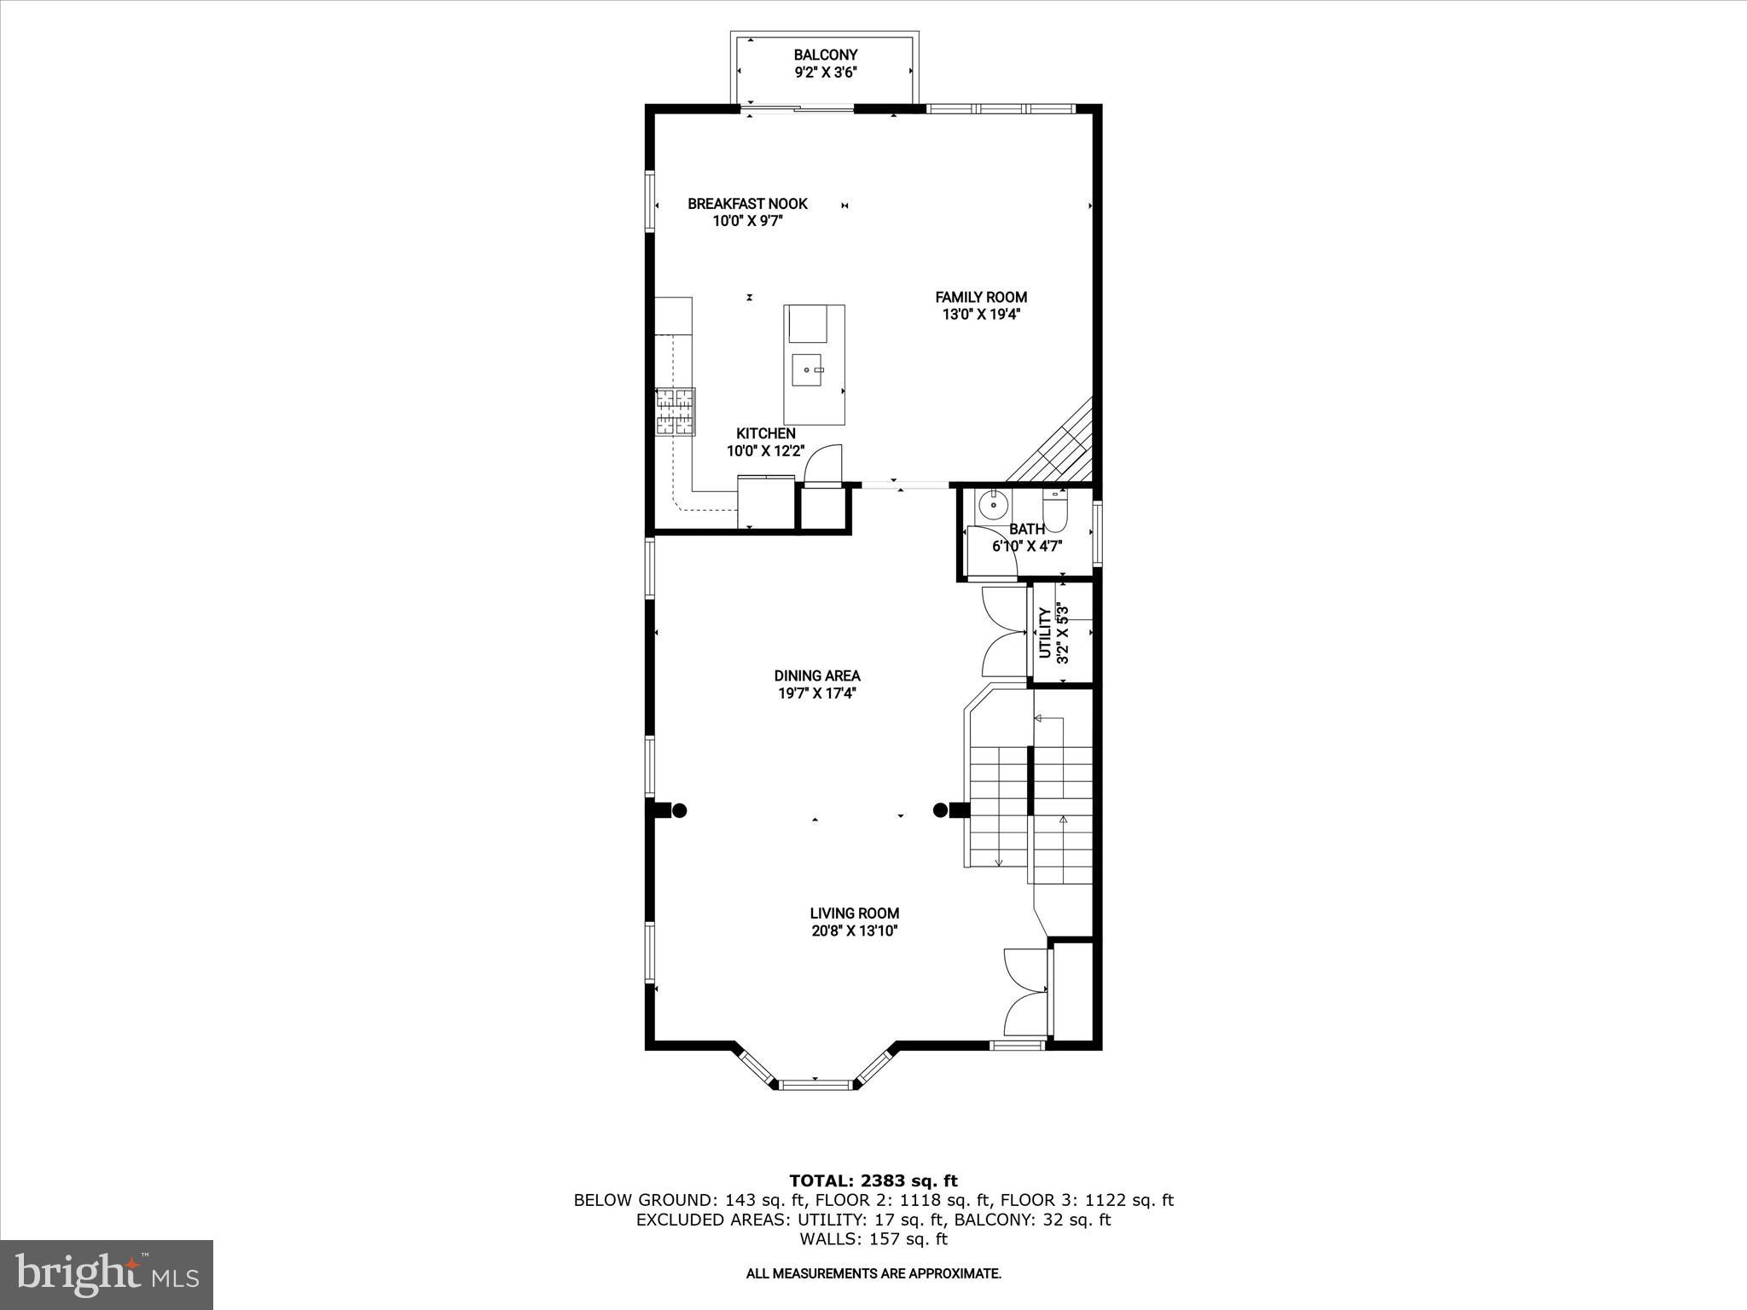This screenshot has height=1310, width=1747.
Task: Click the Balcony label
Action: (x=825, y=55)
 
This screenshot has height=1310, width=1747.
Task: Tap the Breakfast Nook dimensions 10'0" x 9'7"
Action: (x=747, y=221)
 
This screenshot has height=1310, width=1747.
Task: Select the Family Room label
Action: (x=980, y=297)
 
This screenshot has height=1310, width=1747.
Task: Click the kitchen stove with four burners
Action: (x=675, y=412)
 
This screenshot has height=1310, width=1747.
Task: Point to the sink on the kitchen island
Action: (x=807, y=370)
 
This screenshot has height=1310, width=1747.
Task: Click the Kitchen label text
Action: (x=765, y=433)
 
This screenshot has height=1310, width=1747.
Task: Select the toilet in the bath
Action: (x=1054, y=510)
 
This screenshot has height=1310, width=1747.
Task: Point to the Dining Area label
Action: (x=816, y=675)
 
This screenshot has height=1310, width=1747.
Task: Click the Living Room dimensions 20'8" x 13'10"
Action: (x=854, y=931)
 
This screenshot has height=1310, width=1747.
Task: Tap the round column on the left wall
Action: (x=679, y=810)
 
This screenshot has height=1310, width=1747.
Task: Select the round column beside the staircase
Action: (x=940, y=810)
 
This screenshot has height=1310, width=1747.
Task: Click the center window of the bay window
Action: (x=816, y=1085)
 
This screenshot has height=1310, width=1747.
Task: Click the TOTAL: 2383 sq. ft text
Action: (x=873, y=1180)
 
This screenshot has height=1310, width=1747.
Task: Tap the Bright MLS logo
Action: (x=107, y=1274)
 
